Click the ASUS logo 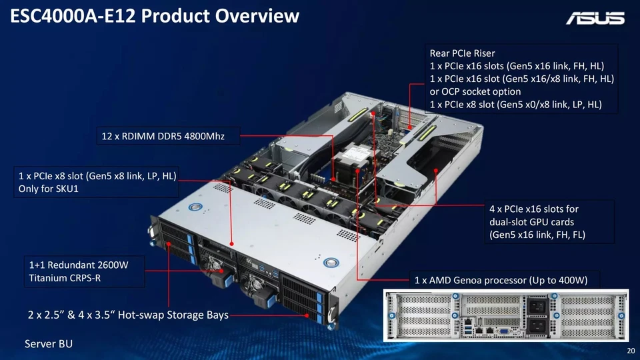595,19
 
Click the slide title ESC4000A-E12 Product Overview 155,17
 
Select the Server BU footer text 49,343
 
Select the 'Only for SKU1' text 46,188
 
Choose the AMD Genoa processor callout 501,279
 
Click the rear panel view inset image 505,315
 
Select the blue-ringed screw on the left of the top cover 195,207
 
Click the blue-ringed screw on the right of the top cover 331,263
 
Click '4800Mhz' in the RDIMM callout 203,137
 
